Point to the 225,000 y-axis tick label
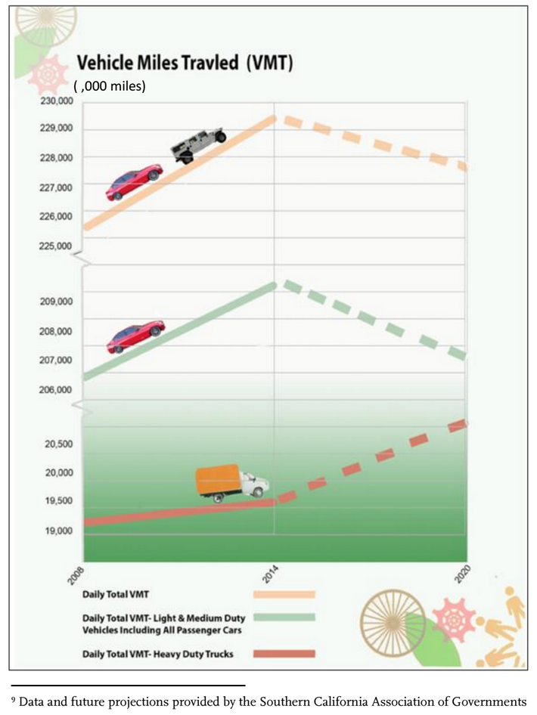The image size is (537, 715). [57, 246]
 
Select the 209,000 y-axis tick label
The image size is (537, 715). [57, 302]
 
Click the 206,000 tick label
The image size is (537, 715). [57, 390]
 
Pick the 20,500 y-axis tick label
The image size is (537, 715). [57, 444]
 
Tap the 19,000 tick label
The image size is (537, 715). [57, 531]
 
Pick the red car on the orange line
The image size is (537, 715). [134, 184]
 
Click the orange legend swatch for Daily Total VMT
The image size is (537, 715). [284, 595]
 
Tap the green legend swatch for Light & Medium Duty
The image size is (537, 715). [284, 618]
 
